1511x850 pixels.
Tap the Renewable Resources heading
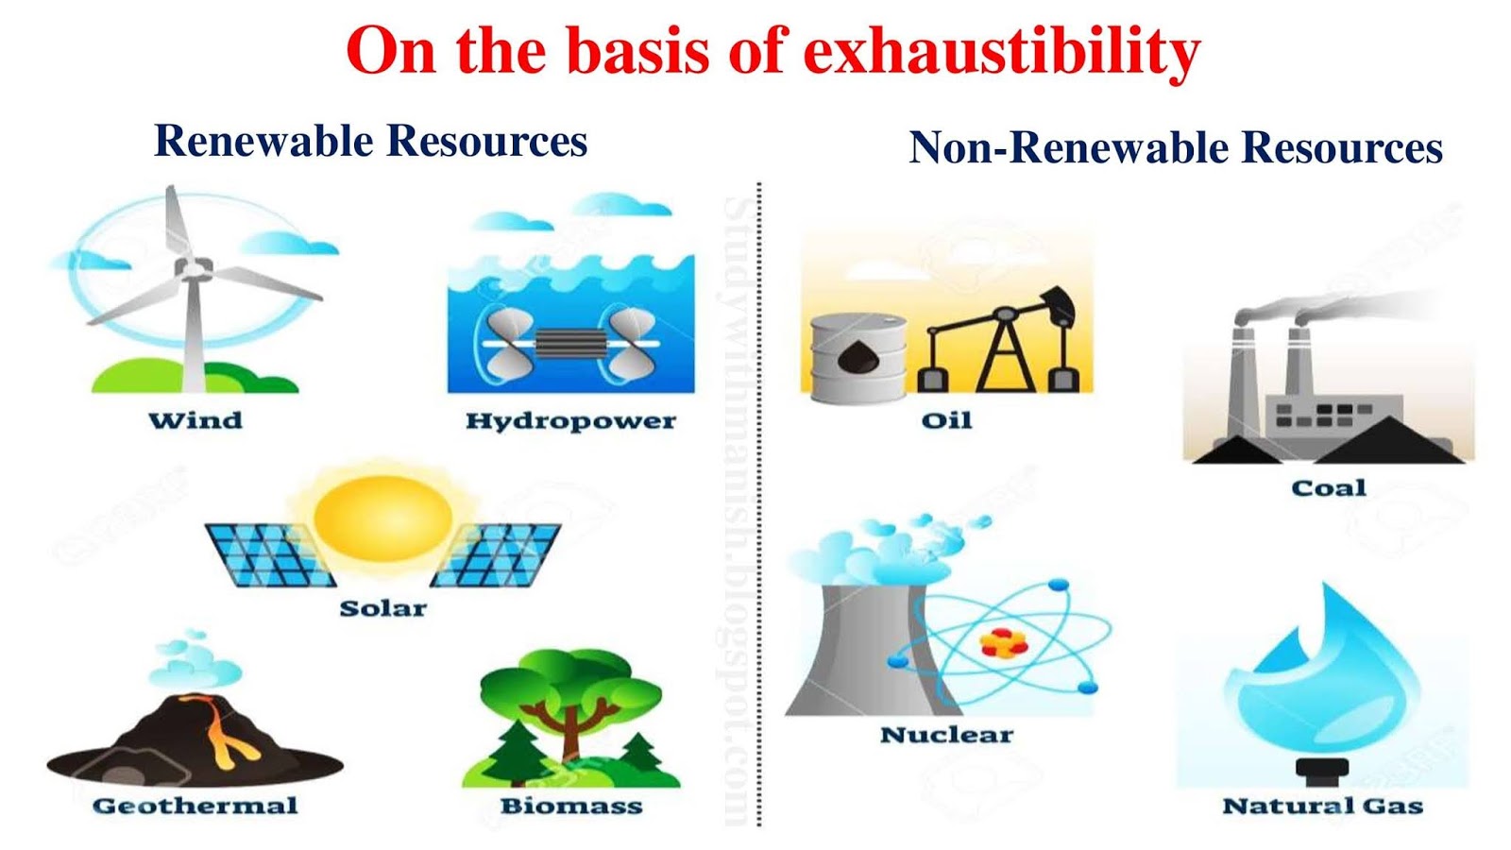click(370, 142)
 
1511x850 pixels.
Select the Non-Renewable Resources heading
click(1175, 148)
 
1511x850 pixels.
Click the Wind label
click(195, 420)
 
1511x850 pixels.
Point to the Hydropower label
click(570, 421)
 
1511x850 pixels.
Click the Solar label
click(382, 608)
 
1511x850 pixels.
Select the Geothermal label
click(195, 806)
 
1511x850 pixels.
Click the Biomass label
click(570, 806)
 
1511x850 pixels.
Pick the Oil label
click(946, 420)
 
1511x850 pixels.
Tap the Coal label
click(1329, 488)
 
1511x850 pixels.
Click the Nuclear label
click(946, 735)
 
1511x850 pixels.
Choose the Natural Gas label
click(1322, 806)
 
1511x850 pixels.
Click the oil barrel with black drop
click(857, 357)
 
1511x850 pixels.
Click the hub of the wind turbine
click(193, 270)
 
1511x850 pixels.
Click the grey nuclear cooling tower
click(855, 652)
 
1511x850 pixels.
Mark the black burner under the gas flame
click(1322, 771)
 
